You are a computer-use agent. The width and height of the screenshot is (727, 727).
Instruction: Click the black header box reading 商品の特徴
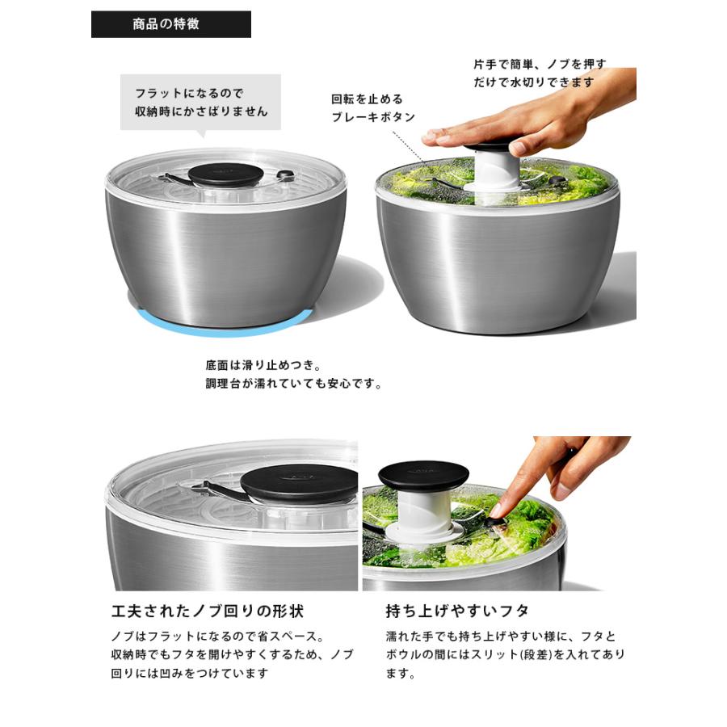click(x=170, y=24)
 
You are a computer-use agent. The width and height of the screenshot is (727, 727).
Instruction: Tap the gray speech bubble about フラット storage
click(x=200, y=102)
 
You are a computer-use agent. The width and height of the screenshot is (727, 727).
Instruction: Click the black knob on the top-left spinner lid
click(x=225, y=174)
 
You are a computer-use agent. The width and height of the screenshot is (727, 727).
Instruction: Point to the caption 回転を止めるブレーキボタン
click(x=373, y=108)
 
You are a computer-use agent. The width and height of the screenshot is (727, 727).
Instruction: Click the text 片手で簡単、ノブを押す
click(x=539, y=64)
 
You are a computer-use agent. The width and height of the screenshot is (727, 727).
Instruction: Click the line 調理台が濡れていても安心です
click(x=294, y=384)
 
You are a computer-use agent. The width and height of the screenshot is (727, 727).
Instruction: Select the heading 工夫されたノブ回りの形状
click(x=207, y=610)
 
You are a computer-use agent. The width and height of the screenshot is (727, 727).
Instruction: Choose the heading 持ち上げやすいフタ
click(x=457, y=610)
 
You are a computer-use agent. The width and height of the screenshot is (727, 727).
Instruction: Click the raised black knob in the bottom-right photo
click(x=423, y=476)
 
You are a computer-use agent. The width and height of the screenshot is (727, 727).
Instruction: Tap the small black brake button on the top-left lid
click(x=285, y=175)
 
